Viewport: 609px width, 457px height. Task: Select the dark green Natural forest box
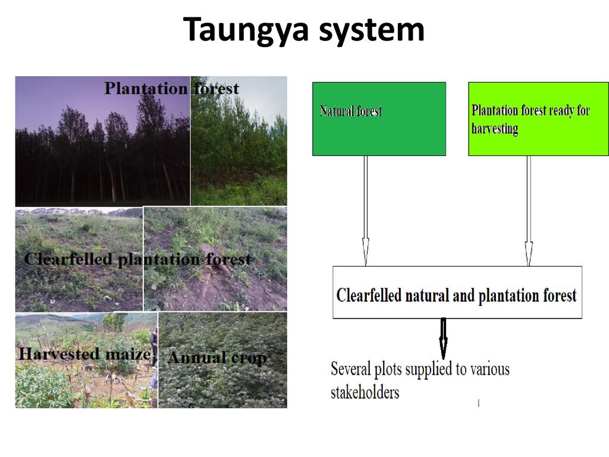pyautogui.click(x=379, y=119)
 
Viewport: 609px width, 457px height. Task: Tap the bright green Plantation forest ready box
pyautogui.click(x=538, y=119)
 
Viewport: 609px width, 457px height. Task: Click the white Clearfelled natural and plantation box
pyautogui.click(x=457, y=292)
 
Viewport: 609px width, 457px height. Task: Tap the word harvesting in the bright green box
pyautogui.click(x=494, y=129)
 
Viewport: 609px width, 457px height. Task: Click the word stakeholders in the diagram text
pyautogui.click(x=365, y=392)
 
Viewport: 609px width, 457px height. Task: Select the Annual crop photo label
pyautogui.click(x=217, y=358)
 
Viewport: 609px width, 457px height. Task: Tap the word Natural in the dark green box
pyautogui.click(x=333, y=111)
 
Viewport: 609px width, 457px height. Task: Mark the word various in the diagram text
pyautogui.click(x=489, y=370)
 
